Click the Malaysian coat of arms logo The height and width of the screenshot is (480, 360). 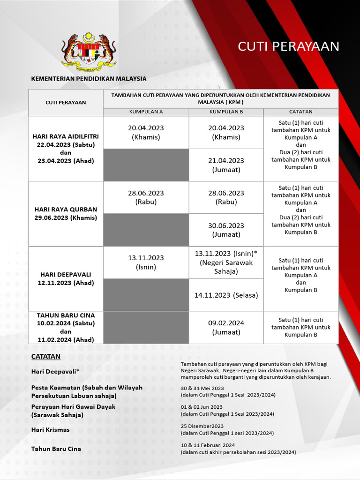(89, 51)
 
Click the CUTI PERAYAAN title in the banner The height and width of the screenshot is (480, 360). (288, 46)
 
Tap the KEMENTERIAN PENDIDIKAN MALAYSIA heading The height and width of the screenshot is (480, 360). (89, 79)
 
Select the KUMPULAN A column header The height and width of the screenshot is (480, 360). (146, 112)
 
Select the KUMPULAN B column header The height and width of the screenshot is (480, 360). (226, 112)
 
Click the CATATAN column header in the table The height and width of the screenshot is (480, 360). (300, 112)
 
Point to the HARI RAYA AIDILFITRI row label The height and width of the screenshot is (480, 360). (66, 148)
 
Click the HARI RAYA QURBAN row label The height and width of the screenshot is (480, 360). (66, 213)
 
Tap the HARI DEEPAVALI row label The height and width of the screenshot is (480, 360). (66, 278)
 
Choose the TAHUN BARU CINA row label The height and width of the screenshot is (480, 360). (66, 327)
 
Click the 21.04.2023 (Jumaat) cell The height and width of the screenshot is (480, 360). (226, 165)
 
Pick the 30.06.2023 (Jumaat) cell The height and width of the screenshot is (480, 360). (226, 230)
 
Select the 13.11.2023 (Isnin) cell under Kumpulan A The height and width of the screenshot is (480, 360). (146, 262)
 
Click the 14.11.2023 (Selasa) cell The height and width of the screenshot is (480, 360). (226, 295)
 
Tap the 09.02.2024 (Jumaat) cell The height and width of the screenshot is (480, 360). (226, 327)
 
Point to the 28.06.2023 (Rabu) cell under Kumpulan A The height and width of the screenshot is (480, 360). (146, 197)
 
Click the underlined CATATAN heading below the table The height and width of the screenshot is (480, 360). (46, 356)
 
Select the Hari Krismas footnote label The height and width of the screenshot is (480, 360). (50, 429)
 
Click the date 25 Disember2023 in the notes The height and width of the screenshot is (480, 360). (202, 426)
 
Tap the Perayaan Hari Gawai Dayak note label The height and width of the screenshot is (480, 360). (73, 406)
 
